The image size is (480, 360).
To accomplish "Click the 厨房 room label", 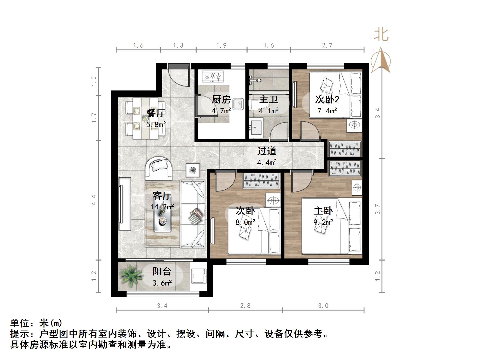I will (221, 99).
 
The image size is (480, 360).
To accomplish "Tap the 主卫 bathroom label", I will (268, 99).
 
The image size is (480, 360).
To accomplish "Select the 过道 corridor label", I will (267, 151).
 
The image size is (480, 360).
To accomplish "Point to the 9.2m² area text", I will (323, 222).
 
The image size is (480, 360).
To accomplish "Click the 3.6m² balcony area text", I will (162, 283).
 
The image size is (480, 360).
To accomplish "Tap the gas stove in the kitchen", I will (213, 76).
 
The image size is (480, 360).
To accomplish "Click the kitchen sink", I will (239, 104).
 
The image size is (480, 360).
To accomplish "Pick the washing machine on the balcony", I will (199, 276).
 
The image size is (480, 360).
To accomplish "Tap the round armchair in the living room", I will (159, 168).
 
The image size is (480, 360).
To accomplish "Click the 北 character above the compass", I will (381, 35).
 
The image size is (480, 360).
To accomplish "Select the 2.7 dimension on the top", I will (327, 46).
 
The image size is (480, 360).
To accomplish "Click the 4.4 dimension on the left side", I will (94, 200).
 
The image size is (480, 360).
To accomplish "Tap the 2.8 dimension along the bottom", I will (245, 306).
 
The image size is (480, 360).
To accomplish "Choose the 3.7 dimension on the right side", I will (377, 209).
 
